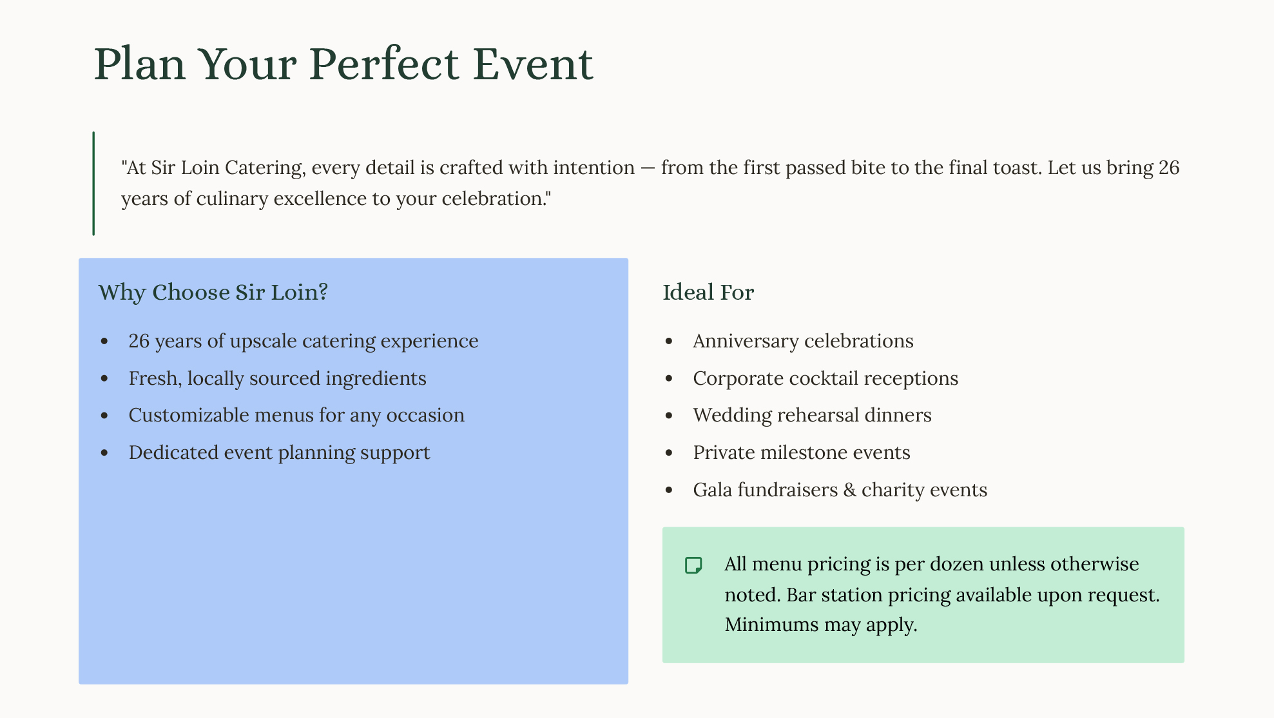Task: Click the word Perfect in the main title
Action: [x=384, y=64]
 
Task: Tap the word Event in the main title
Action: [x=533, y=64]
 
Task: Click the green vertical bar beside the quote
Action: [x=93, y=183]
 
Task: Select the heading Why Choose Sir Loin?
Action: [x=213, y=292]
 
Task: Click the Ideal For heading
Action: [x=708, y=292]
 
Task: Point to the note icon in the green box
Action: [x=693, y=565]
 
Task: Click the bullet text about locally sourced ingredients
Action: [x=277, y=378]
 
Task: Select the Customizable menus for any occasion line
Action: [x=296, y=415]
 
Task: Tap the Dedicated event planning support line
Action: [x=279, y=452]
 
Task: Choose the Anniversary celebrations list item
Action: [x=803, y=341]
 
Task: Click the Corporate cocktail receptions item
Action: [x=825, y=378]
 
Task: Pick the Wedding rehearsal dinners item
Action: [x=812, y=415]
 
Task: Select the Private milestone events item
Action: [x=802, y=452]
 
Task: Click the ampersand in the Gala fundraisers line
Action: [x=850, y=490]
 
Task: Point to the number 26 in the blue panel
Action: [x=139, y=341]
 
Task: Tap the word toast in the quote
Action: [x=1016, y=168]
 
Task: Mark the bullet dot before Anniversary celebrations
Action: [x=669, y=342]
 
